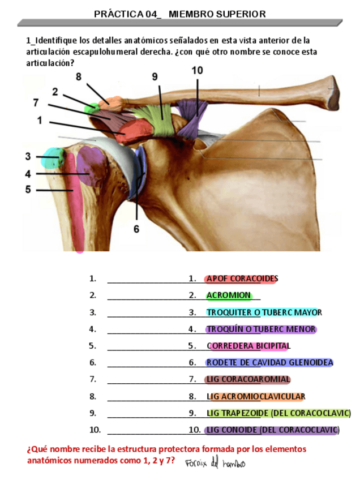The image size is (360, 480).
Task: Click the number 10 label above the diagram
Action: pos(197,71)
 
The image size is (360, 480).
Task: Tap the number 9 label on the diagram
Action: pos(155,77)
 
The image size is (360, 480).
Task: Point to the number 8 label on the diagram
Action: pos(78,76)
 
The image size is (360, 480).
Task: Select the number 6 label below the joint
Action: pos(136,229)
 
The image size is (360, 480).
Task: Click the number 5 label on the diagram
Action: pos(28,190)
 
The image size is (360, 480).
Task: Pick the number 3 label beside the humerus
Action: pos(28,156)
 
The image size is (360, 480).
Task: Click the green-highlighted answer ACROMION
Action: pos(229,295)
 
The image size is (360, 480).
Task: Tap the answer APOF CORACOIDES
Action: pos(242,278)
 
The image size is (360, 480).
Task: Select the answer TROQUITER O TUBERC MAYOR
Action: pos(264,312)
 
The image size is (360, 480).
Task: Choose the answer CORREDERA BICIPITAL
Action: pos(248,346)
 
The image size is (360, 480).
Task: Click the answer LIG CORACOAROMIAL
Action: pos(248,379)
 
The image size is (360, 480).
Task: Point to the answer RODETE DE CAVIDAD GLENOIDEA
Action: pos(269,363)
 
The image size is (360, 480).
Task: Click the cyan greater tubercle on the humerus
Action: pos(54,157)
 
